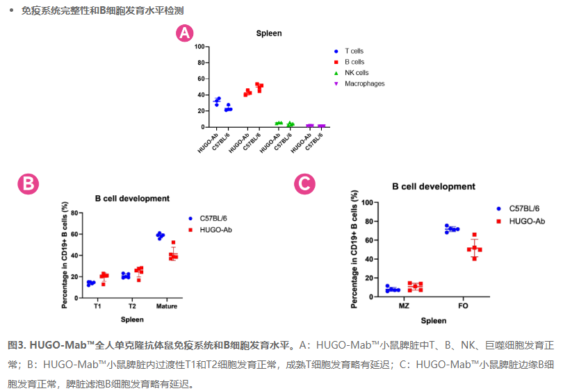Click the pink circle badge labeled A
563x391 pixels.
(x=184, y=33)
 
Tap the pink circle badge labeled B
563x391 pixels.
(x=28, y=184)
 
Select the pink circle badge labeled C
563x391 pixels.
(x=304, y=184)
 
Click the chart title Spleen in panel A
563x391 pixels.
(x=269, y=34)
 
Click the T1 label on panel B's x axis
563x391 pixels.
(x=98, y=306)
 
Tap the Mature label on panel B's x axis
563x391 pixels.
(x=166, y=306)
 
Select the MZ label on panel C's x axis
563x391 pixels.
(x=404, y=306)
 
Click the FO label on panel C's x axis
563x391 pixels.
(x=463, y=306)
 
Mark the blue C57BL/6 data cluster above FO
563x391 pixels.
(x=452, y=228)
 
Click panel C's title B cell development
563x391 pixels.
(x=434, y=187)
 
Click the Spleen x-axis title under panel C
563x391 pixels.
(x=433, y=321)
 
